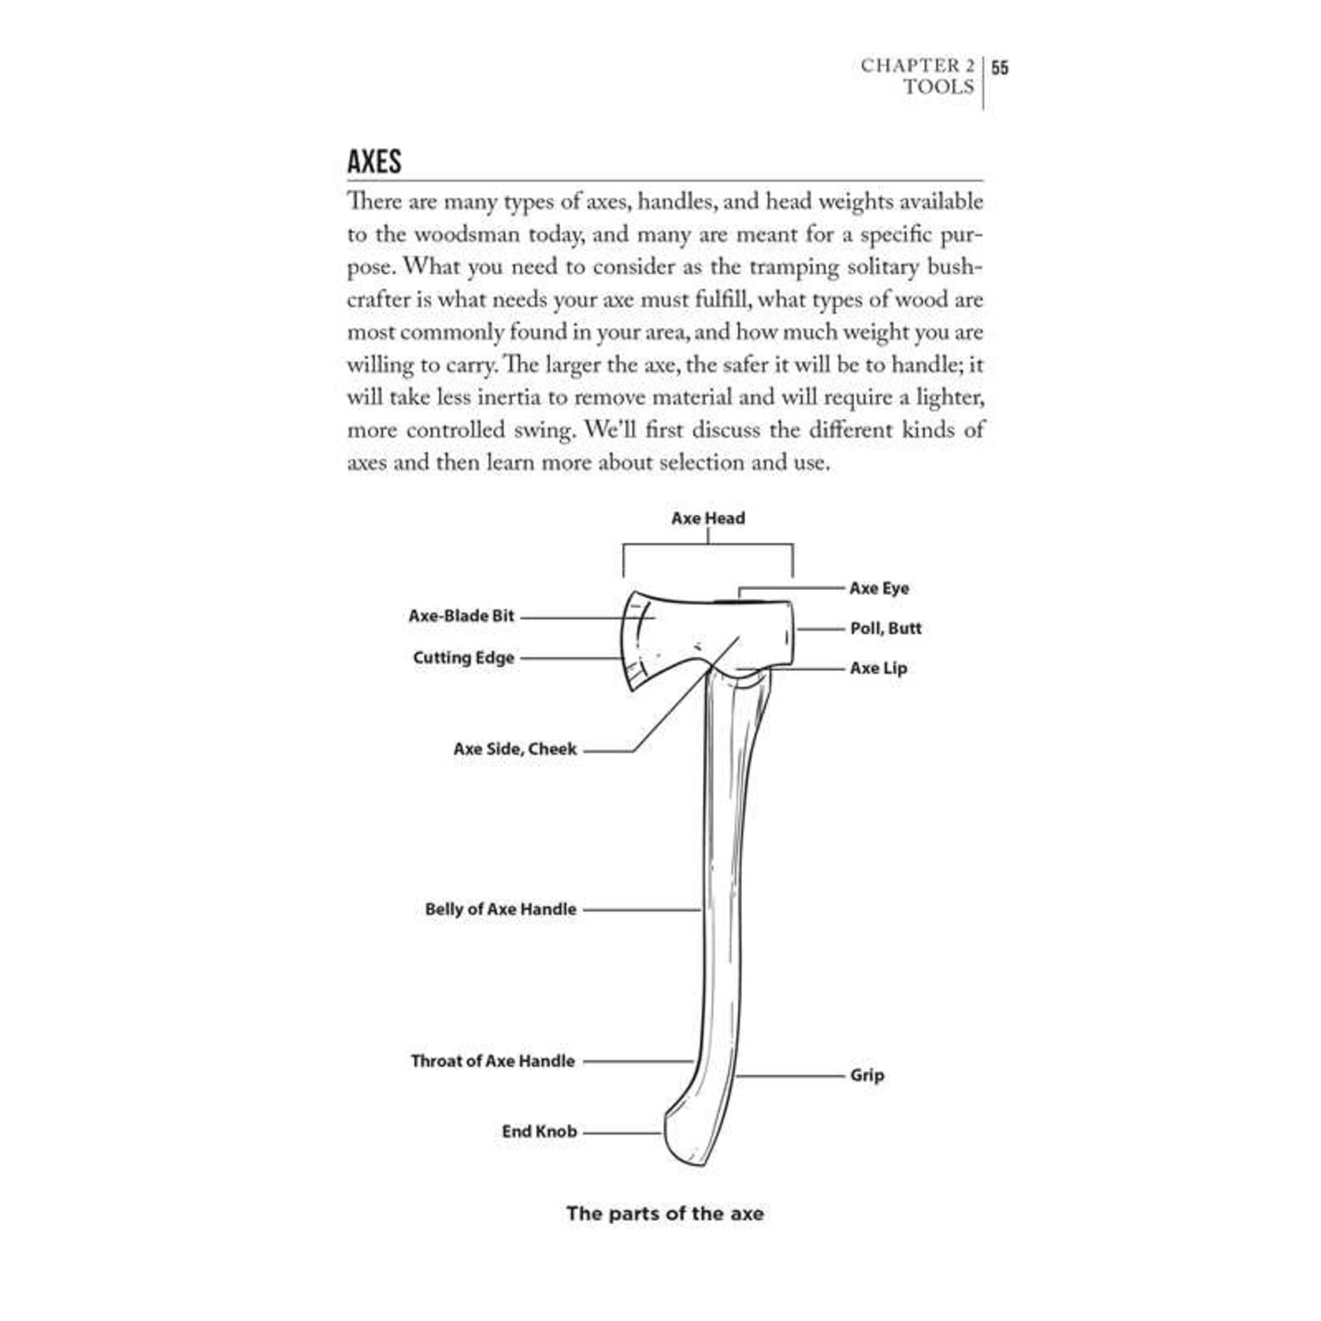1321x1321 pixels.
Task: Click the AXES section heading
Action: (374, 162)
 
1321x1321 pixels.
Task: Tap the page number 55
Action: (1000, 67)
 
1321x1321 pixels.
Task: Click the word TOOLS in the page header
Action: (939, 87)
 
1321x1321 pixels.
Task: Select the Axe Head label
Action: (708, 518)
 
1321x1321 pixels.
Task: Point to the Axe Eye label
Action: (879, 589)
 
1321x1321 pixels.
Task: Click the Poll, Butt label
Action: (885, 629)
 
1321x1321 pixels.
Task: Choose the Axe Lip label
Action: (878, 668)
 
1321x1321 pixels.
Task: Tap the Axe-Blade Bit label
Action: (461, 617)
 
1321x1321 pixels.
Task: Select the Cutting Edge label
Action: (464, 658)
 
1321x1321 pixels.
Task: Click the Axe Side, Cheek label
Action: (515, 749)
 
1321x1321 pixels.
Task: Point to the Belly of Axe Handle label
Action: (501, 909)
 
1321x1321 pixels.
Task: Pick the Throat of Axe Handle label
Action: (493, 1061)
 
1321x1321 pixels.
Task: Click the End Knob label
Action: (539, 1131)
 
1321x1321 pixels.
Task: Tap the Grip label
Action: (867, 1076)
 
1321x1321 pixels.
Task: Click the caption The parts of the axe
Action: (664, 1214)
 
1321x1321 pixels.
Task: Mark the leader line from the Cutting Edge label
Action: (570, 659)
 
